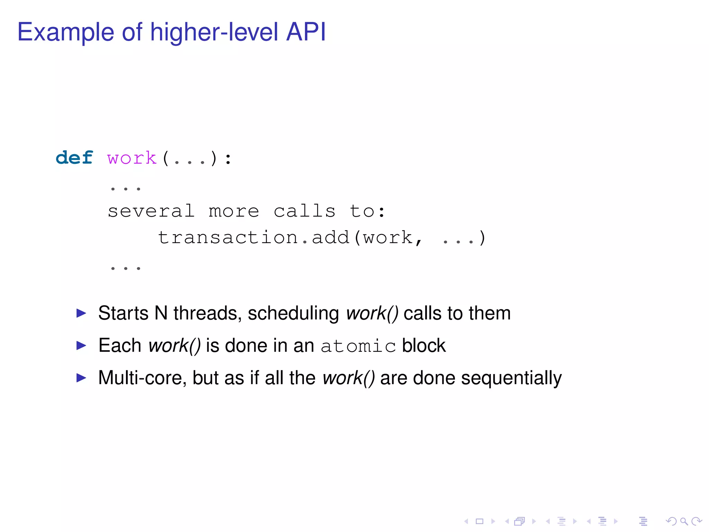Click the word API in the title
pos(306,32)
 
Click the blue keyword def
pos(74,158)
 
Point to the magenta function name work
pos(132,159)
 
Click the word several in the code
pos(151,211)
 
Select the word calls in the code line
pos(305,211)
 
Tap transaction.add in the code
pos(253,238)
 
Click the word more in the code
pos(234,211)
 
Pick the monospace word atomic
pos(358,346)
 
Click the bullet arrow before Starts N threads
pos(81,313)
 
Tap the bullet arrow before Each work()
pos(81,345)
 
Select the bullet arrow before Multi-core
pos(81,378)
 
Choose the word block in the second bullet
pos(424,345)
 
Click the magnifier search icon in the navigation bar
pos(683,521)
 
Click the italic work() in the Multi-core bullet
pos(349,378)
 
